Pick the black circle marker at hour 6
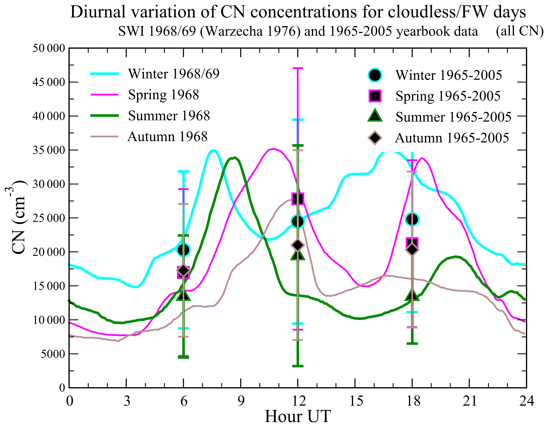point(183,250)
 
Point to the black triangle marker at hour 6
point(183,295)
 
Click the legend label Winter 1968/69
point(174,74)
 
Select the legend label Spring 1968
point(163,95)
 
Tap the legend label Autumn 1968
point(167,137)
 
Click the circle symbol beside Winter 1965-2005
point(375,75)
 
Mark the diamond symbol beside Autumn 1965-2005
point(375,137)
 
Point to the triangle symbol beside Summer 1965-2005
point(375,116)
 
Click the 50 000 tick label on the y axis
point(49,48)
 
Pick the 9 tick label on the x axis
point(241,401)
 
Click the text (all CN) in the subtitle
point(519,31)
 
